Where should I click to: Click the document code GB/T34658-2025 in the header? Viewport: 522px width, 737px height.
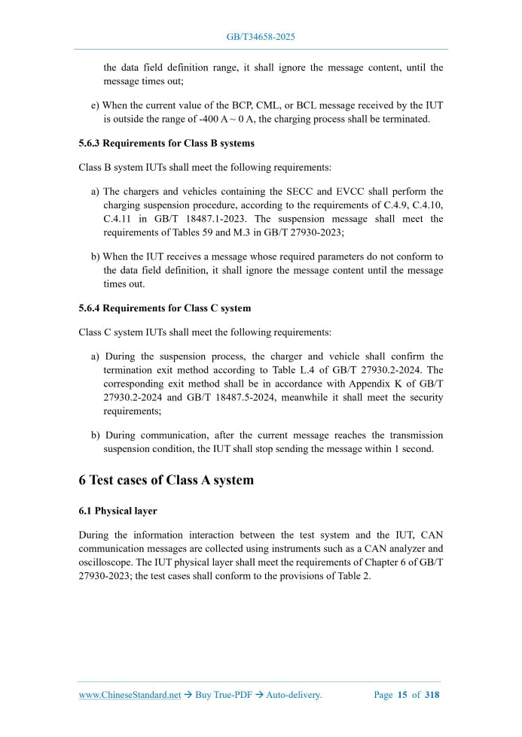[x=261, y=36]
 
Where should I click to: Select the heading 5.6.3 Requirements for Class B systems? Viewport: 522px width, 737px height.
[x=166, y=143]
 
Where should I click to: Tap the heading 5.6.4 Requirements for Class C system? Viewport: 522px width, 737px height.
[x=164, y=308]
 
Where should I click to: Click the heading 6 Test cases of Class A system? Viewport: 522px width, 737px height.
[x=166, y=481]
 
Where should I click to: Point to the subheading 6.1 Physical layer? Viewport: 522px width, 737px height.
[x=118, y=511]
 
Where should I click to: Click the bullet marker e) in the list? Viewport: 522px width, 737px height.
[x=95, y=105]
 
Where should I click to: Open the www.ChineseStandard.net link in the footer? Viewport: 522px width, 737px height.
[x=130, y=695]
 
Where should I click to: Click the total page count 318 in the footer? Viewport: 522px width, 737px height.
[x=432, y=695]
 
